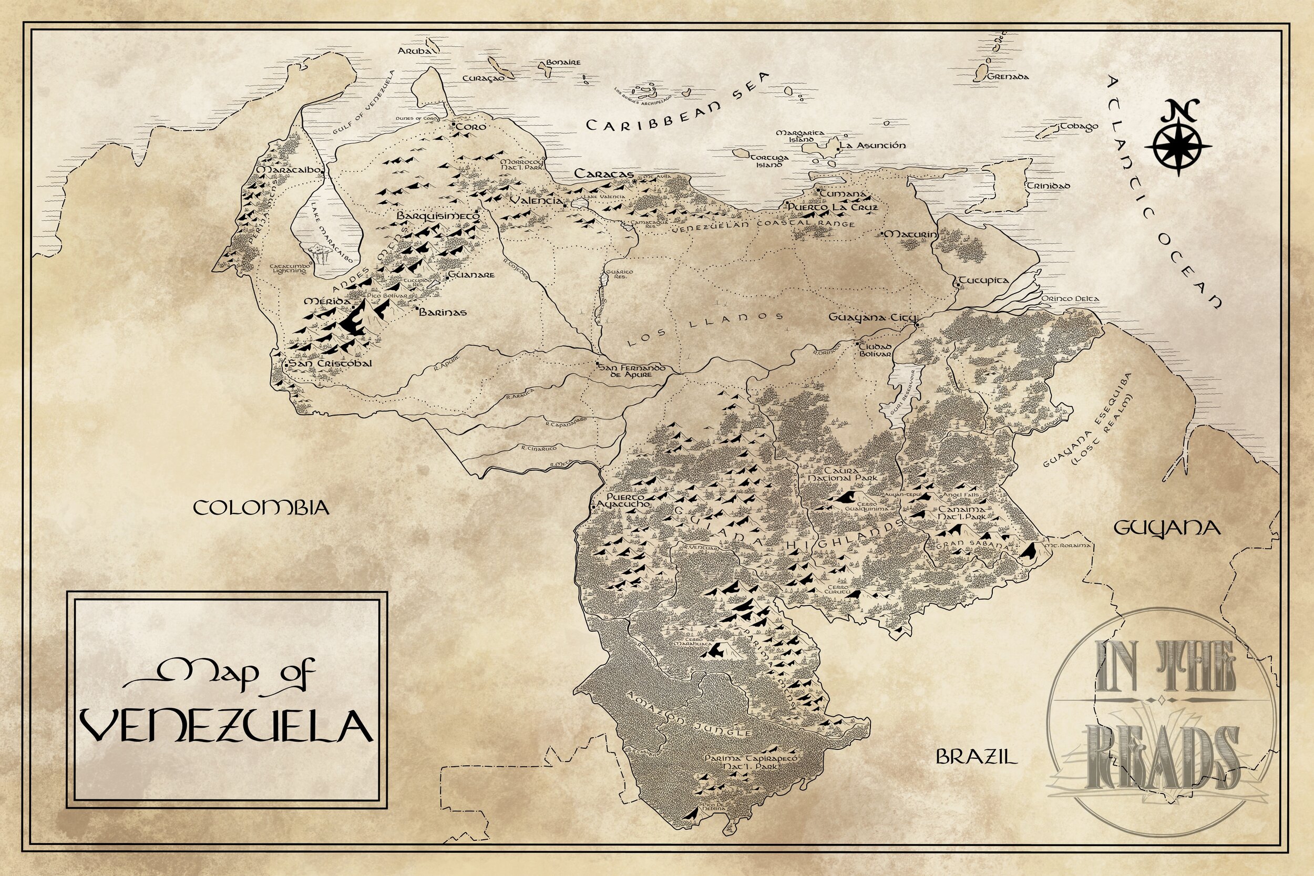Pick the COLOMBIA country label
click(261, 508)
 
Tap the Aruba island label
click(415, 51)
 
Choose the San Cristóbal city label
click(330, 364)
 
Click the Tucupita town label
click(984, 281)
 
